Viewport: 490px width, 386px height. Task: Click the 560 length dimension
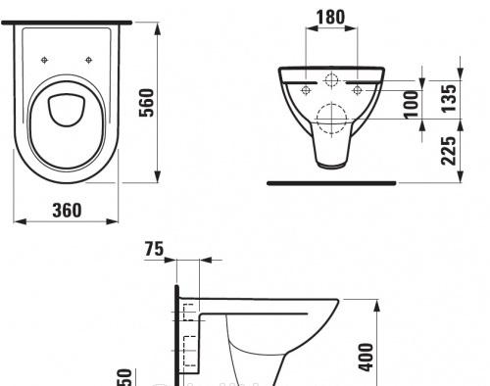pos(147,102)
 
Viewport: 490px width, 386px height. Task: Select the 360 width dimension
pos(67,210)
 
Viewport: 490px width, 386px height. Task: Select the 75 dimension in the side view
pos(154,249)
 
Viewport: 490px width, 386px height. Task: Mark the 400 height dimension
pos(391,359)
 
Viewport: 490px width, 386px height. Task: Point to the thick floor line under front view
pos(332,182)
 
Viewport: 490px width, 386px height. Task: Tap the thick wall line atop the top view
pos(68,22)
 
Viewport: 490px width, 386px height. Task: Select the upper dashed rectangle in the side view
pos(184,315)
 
